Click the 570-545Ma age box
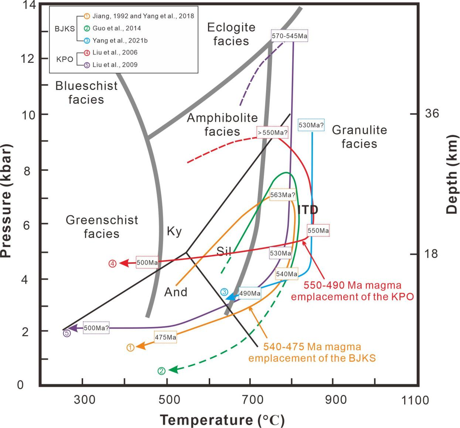pyautogui.click(x=289, y=36)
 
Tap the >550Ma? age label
pyautogui.click(x=273, y=132)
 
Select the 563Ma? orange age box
pyautogui.click(x=283, y=195)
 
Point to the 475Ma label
pyautogui.click(x=165, y=337)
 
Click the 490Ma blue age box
pyautogui.click(x=250, y=293)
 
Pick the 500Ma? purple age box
pyautogui.click(x=96, y=328)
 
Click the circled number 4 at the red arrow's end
pyautogui.click(x=113, y=264)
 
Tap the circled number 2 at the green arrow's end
pyautogui.click(x=161, y=371)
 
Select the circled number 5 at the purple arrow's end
pyautogui.click(x=67, y=333)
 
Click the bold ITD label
pyautogui.click(x=308, y=210)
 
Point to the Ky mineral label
pyautogui.click(x=174, y=232)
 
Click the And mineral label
pyautogui.click(x=176, y=292)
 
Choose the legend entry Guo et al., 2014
pyautogui.click(x=116, y=28)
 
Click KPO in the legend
pyautogui.click(x=65, y=59)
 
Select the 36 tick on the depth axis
pyautogui.click(x=432, y=114)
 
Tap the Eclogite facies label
pyautogui.click(x=231, y=34)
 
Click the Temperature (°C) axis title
pyautogui.click(x=222, y=420)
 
